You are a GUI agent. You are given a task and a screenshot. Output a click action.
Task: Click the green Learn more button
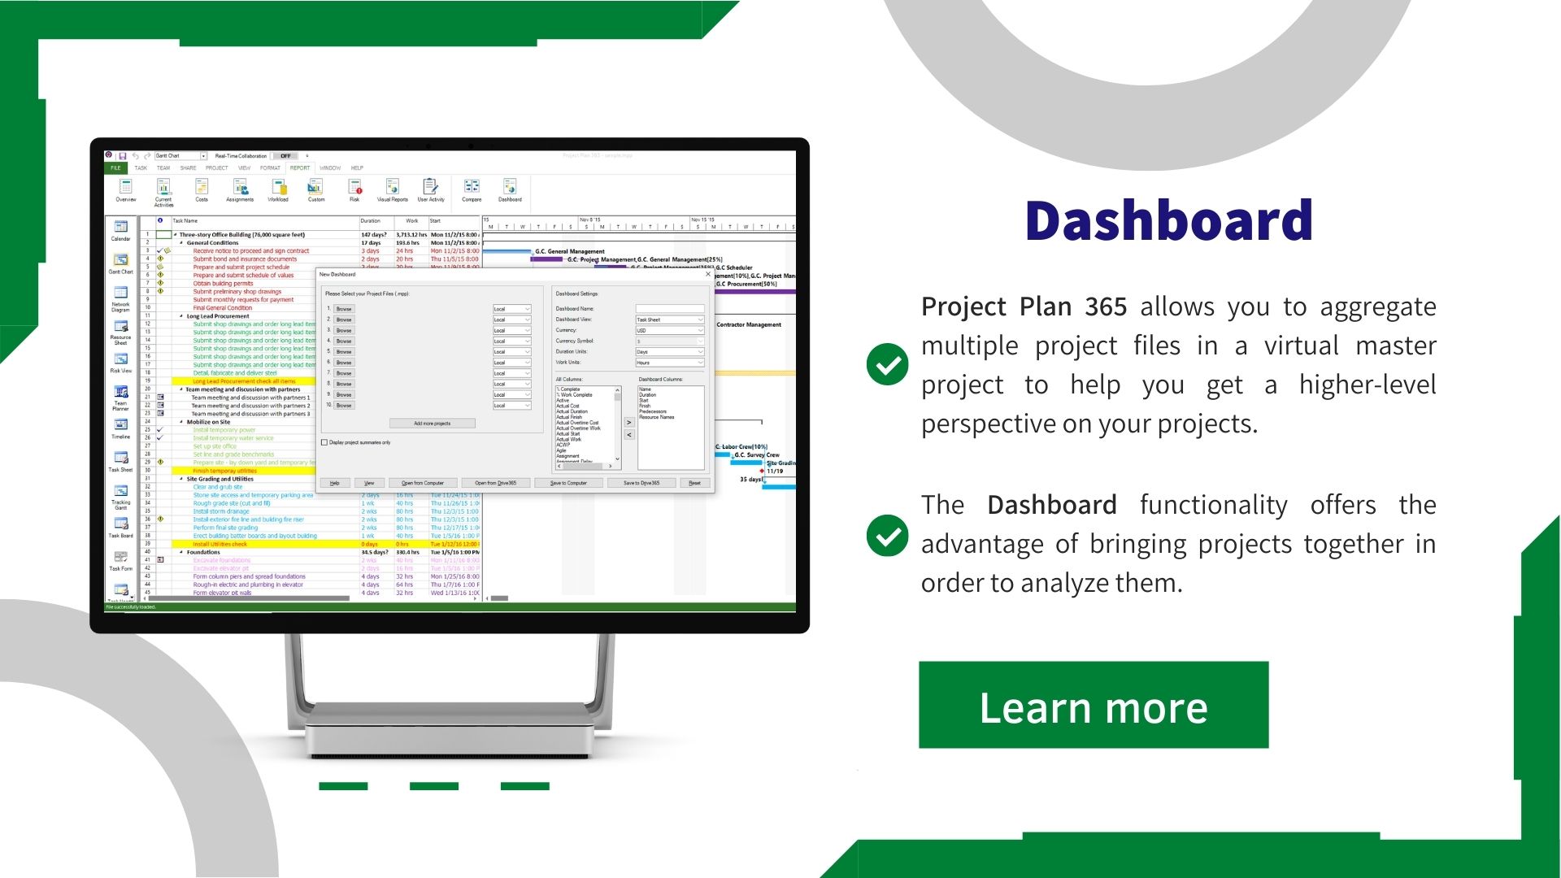click(1094, 705)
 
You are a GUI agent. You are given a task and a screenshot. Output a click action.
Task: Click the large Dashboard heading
click(1168, 220)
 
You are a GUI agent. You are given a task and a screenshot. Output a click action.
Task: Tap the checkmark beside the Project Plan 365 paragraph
click(887, 364)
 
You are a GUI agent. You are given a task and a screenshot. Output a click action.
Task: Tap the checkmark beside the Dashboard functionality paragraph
click(887, 536)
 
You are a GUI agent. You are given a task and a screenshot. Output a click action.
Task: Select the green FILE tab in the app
click(115, 168)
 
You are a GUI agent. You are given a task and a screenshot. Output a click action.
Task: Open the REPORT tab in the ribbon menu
click(300, 168)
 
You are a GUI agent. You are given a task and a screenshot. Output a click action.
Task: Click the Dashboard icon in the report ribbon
click(510, 189)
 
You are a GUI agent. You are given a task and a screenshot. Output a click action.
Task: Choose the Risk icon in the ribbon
click(354, 189)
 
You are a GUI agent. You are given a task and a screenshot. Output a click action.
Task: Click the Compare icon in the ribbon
click(472, 189)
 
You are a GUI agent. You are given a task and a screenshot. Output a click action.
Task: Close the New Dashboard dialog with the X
click(707, 275)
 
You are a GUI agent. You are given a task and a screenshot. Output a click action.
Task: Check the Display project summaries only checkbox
click(324, 443)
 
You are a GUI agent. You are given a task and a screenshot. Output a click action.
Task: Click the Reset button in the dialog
click(694, 483)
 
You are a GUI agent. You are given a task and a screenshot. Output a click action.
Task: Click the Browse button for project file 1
click(344, 309)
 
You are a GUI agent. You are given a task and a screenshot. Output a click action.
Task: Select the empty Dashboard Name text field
click(670, 309)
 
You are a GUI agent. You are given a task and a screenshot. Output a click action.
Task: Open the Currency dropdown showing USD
click(670, 331)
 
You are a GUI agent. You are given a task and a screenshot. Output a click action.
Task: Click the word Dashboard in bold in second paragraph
click(1051, 506)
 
